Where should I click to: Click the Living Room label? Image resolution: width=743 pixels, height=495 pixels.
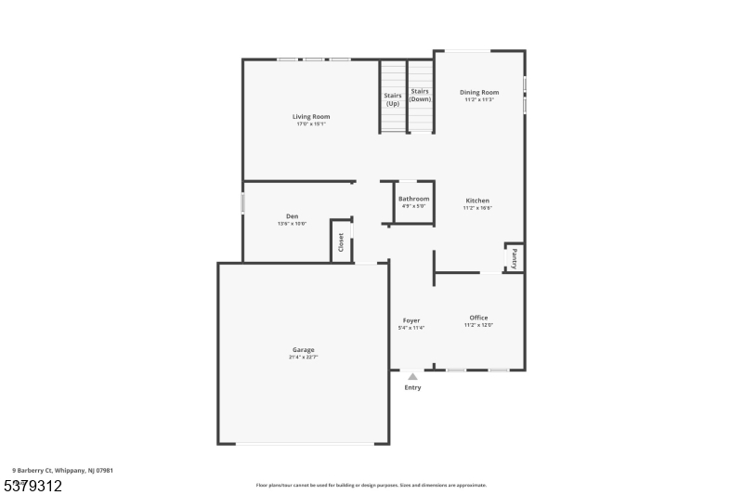pos(312,117)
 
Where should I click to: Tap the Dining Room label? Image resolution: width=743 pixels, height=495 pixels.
pos(479,92)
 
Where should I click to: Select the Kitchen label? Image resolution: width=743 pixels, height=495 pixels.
pos(477,201)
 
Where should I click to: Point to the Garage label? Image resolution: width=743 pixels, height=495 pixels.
pos(303,350)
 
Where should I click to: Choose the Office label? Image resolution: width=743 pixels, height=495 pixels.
pos(478,318)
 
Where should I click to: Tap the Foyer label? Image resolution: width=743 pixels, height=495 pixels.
pos(411,320)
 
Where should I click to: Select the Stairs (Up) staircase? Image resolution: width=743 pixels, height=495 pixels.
pos(393,98)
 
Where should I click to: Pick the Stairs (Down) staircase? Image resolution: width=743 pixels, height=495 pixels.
pos(421,96)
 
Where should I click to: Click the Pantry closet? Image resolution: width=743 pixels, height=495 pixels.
pos(514,258)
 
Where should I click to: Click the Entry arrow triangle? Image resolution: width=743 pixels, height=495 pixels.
pos(412,376)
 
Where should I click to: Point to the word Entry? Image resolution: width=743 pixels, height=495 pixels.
pos(412,387)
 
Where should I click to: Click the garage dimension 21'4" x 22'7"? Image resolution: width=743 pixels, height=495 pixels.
pos(303,358)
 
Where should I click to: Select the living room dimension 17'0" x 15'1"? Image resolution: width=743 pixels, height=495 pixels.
pos(312,124)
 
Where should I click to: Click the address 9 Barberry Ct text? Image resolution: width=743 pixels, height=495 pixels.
pos(63,471)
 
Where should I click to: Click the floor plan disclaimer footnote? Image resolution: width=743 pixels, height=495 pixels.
pos(371,485)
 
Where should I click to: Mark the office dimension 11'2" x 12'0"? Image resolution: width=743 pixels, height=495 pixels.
pos(478,325)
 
